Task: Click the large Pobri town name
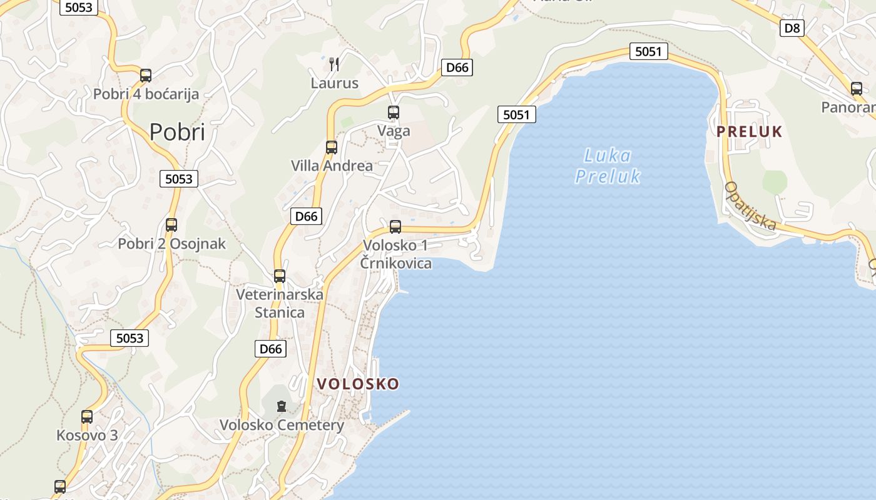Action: pos(177,132)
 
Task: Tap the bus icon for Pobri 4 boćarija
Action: pos(146,76)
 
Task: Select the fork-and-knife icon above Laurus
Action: pos(334,64)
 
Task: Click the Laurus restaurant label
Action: pos(335,83)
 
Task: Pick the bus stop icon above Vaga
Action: pos(394,112)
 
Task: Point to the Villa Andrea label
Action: pos(332,166)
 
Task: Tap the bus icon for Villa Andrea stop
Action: pos(332,147)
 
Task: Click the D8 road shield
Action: pos(792,27)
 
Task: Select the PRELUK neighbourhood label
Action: pos(750,131)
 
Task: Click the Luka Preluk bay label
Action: pos(608,166)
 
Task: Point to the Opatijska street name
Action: pos(750,206)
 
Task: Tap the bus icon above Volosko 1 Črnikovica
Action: pos(395,227)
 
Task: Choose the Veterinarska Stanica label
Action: pos(280,303)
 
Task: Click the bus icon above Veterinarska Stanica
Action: pos(280,276)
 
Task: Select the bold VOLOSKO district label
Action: pos(358,384)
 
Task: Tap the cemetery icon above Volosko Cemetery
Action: pos(282,407)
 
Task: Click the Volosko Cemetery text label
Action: pos(282,426)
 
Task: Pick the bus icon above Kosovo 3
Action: pos(87,417)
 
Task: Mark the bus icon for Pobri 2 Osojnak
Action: pos(171,225)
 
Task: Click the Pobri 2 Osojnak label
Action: pos(171,244)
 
